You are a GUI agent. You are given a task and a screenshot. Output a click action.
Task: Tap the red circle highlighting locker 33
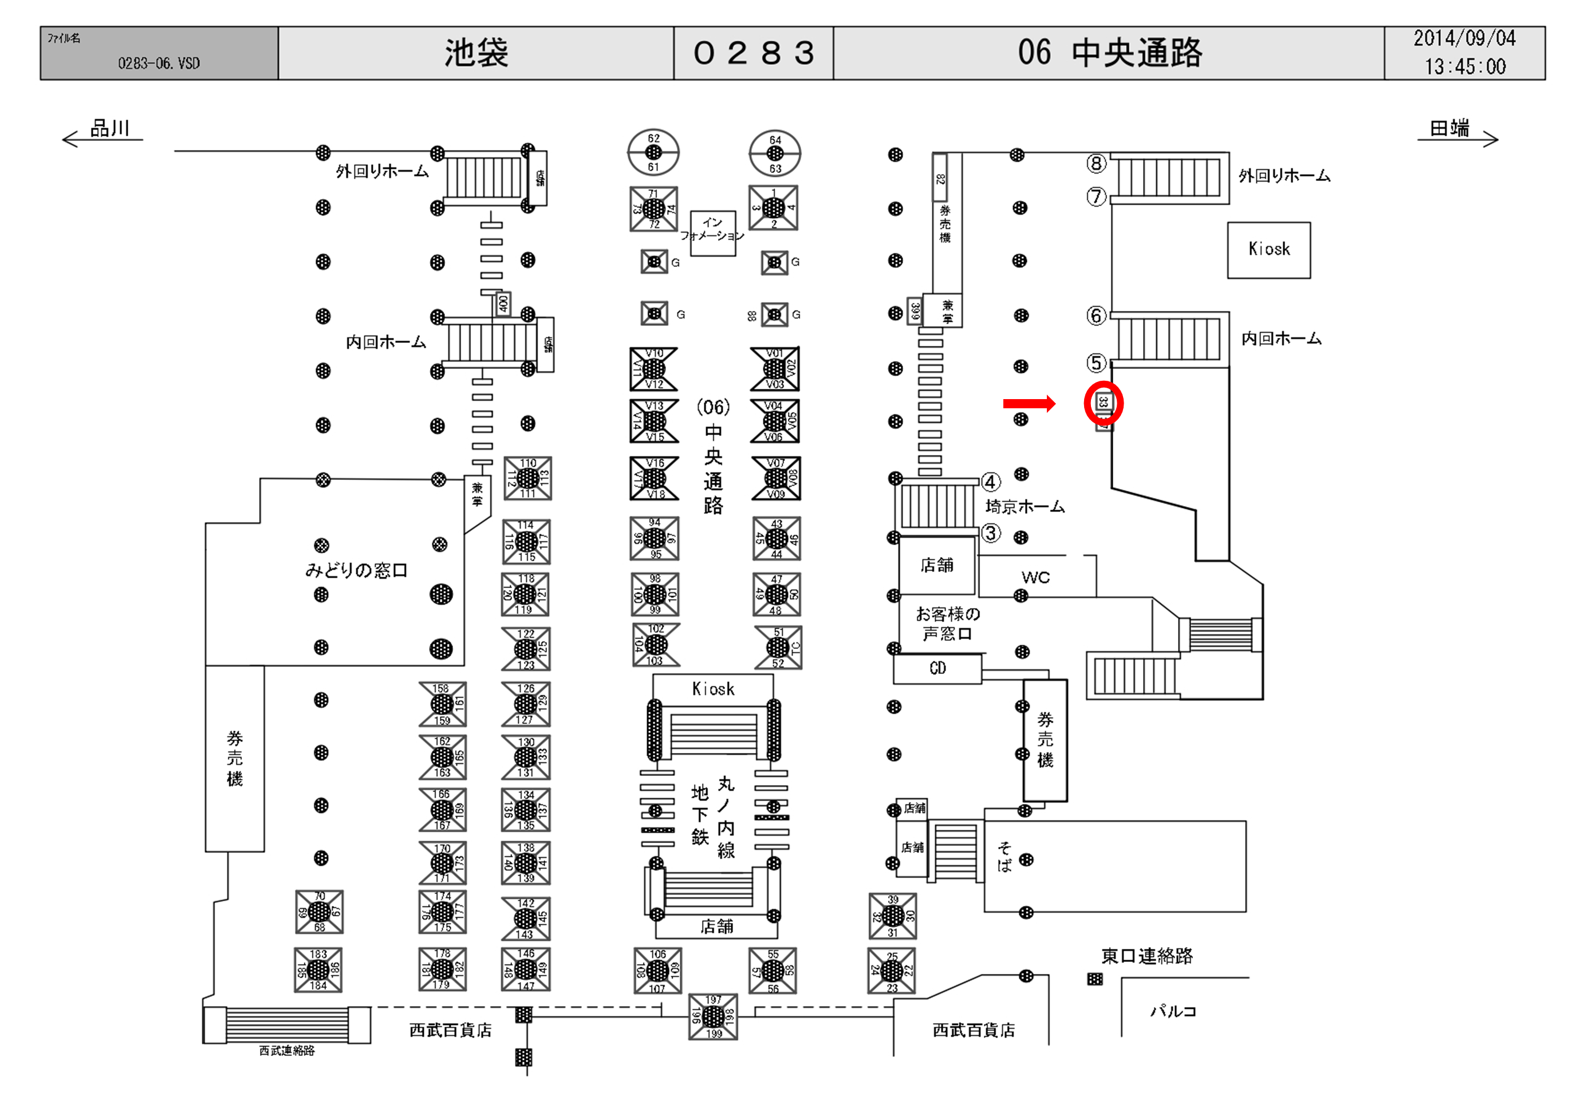(1103, 403)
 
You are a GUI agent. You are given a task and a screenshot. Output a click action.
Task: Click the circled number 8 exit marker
(1096, 163)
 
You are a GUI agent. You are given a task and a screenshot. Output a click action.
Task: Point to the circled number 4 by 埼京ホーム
(991, 482)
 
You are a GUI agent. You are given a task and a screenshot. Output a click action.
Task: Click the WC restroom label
(1035, 577)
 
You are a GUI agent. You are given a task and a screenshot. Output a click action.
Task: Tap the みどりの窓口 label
(356, 570)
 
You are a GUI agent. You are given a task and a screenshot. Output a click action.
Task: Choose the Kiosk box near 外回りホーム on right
(1268, 249)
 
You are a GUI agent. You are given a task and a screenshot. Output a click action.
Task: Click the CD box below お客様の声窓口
(937, 668)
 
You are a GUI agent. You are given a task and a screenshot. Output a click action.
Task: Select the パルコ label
(1173, 1011)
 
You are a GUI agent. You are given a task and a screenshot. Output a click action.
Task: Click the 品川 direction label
(109, 128)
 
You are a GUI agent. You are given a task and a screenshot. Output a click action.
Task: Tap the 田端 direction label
(1449, 128)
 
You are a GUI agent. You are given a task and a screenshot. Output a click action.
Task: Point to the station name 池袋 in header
(476, 53)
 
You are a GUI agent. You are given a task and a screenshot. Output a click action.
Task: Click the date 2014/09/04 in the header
(1464, 38)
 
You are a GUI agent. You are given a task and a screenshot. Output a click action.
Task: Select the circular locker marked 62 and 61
(653, 152)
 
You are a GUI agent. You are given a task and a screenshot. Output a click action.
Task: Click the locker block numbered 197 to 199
(713, 1016)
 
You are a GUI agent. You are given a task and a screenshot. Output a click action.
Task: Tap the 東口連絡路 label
(1147, 956)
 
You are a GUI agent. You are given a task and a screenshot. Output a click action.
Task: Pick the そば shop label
(1004, 857)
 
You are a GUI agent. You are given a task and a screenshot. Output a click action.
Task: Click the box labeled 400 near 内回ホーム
(503, 303)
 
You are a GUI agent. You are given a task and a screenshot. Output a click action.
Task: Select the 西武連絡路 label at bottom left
(287, 1050)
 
